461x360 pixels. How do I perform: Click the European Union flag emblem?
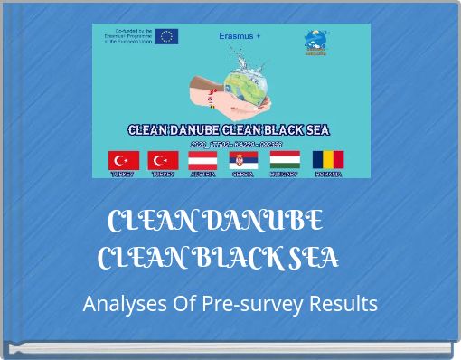point(166,36)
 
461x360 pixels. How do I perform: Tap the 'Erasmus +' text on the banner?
point(240,36)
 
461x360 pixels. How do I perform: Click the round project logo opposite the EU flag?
point(316,42)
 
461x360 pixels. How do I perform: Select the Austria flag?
point(202,160)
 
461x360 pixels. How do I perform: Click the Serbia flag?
point(243,160)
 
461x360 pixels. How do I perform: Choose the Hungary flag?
point(285,160)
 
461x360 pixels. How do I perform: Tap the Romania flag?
point(327,160)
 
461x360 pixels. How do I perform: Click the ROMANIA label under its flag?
point(327,175)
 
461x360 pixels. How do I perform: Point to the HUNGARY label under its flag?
point(284,175)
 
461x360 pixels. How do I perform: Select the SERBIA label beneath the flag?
point(242,175)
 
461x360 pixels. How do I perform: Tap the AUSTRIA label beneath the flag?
point(202,175)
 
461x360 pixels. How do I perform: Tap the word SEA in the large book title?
point(315,259)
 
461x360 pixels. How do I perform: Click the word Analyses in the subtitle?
point(118,304)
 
